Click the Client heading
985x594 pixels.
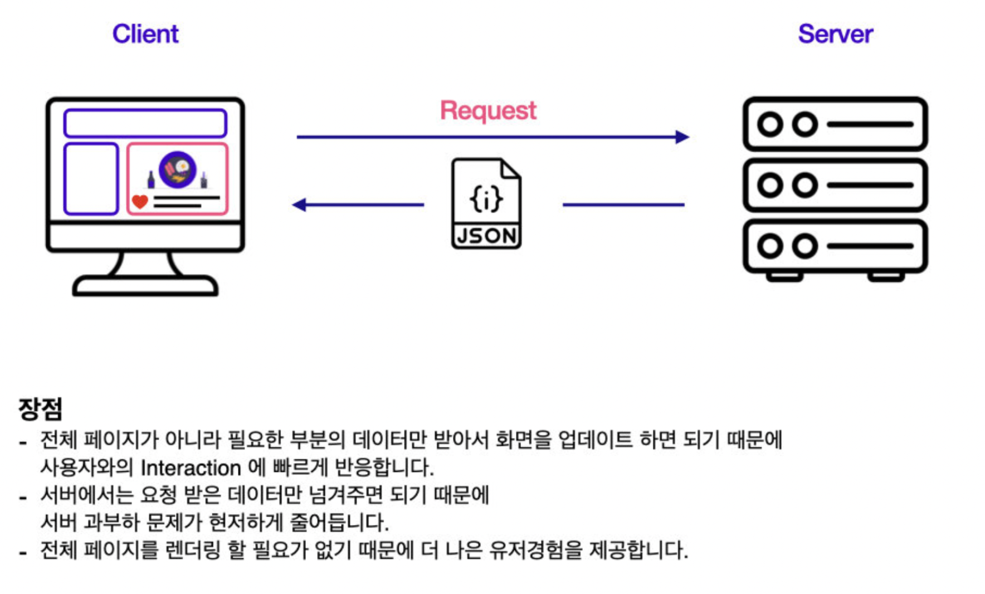tap(145, 34)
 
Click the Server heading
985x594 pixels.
tap(835, 34)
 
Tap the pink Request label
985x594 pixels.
tap(488, 110)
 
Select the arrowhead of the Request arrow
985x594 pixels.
tap(682, 137)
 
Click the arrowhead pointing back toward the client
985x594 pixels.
tap(300, 205)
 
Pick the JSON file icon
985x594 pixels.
tap(486, 204)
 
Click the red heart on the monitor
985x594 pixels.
tap(140, 202)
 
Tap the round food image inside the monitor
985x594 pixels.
tap(177, 169)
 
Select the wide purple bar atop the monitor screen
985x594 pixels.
tap(145, 123)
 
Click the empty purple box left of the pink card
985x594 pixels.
tap(91, 179)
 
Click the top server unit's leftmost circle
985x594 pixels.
tap(770, 124)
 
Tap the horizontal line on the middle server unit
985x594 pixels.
tap(870, 185)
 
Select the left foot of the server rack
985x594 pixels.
tap(784, 276)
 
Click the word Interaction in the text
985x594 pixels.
tap(191, 468)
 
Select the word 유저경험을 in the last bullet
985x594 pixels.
tap(535, 551)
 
